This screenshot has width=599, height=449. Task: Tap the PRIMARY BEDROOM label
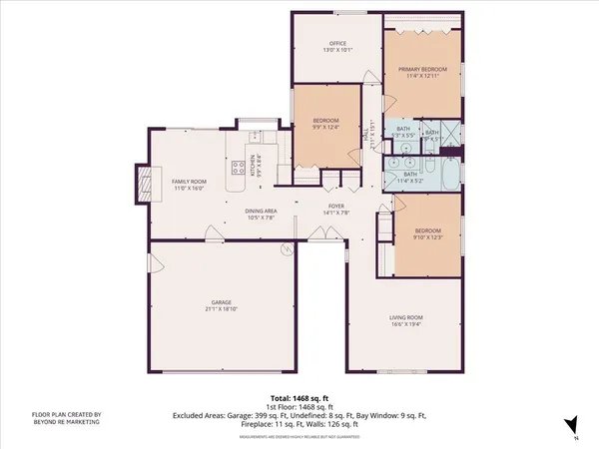pos(423,69)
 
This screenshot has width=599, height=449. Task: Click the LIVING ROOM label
pos(406,316)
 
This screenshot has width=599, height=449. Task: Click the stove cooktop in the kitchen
pos(239,168)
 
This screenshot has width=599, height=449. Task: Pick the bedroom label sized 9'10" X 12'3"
pos(429,234)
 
